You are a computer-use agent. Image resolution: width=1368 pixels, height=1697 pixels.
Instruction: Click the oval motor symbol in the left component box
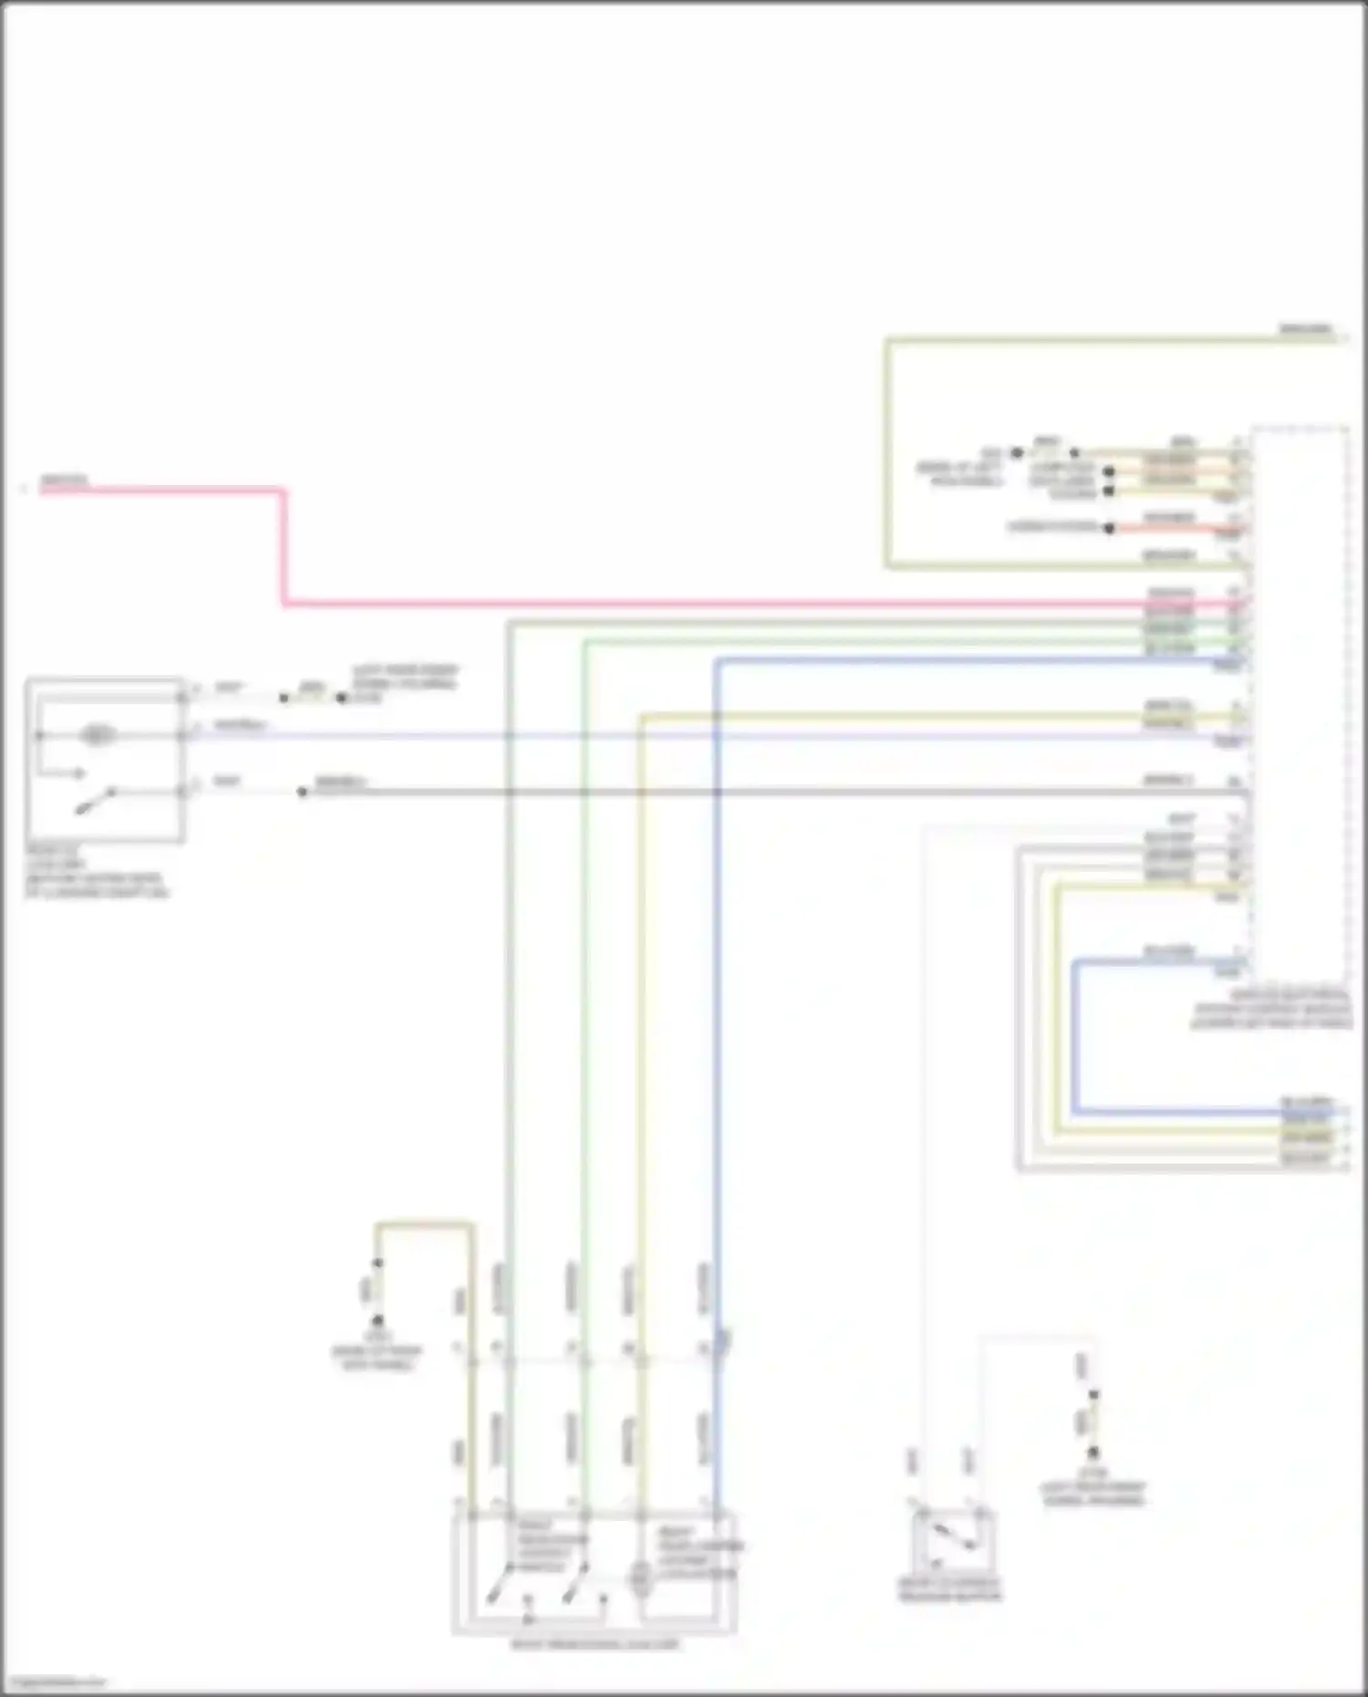click(x=97, y=735)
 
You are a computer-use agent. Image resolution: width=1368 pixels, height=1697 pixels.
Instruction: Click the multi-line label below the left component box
click(x=95, y=871)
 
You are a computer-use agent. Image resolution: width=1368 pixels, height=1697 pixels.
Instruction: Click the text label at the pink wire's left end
click(x=64, y=480)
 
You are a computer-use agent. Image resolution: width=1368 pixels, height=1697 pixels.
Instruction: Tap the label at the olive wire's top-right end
click(x=1305, y=328)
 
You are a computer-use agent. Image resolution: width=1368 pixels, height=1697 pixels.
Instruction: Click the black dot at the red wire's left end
click(x=1109, y=528)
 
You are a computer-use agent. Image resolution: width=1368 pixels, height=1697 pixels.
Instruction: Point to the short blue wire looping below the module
click(x=1075, y=1040)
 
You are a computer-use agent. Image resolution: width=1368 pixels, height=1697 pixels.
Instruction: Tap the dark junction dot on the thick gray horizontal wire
click(x=303, y=792)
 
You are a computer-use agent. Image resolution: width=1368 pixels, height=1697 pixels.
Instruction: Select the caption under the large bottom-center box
click(x=595, y=1645)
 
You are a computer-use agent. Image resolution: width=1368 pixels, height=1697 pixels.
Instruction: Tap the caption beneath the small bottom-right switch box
click(x=949, y=1590)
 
